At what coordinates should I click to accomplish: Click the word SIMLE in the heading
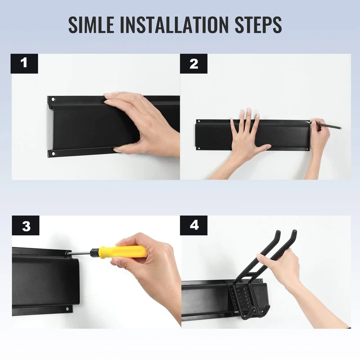91,24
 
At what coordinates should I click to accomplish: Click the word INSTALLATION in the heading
174,24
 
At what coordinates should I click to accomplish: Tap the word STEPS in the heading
258,24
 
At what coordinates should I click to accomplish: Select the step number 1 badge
24,64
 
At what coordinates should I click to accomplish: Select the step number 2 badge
194,64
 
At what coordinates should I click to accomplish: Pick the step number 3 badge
26,225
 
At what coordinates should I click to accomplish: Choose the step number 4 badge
194,225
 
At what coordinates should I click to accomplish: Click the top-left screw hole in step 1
53,99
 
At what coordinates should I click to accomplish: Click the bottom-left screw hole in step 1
53,154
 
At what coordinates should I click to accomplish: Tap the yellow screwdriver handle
123,252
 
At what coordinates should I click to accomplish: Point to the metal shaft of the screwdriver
80,253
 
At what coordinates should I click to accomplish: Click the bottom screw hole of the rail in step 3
68,309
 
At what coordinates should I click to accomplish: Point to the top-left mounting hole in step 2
199,121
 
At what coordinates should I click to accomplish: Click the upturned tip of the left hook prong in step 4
278,232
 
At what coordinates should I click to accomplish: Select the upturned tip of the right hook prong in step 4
294,232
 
